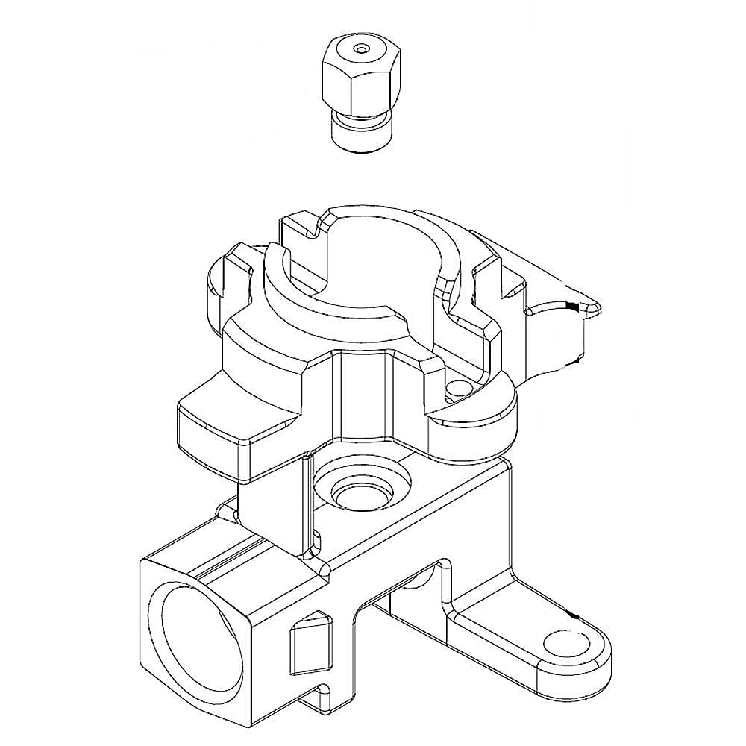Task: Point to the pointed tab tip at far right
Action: [601, 306]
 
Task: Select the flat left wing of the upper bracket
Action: [224, 433]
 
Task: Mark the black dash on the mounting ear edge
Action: [573, 616]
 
